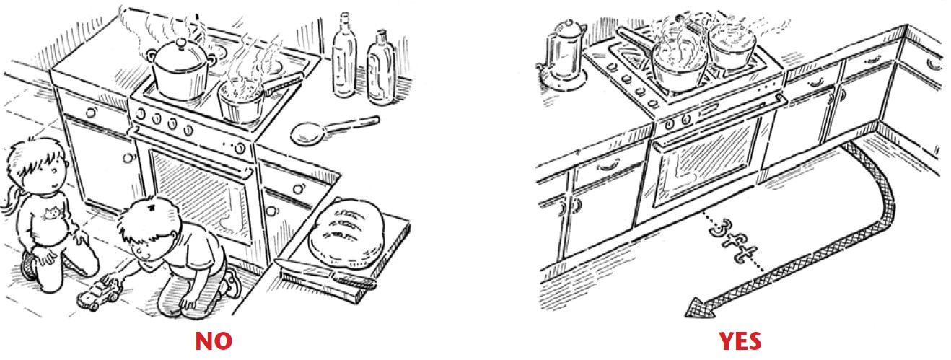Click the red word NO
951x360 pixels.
click(x=214, y=341)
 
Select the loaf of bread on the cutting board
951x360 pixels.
click(x=347, y=232)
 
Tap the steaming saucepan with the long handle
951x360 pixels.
click(x=250, y=97)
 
